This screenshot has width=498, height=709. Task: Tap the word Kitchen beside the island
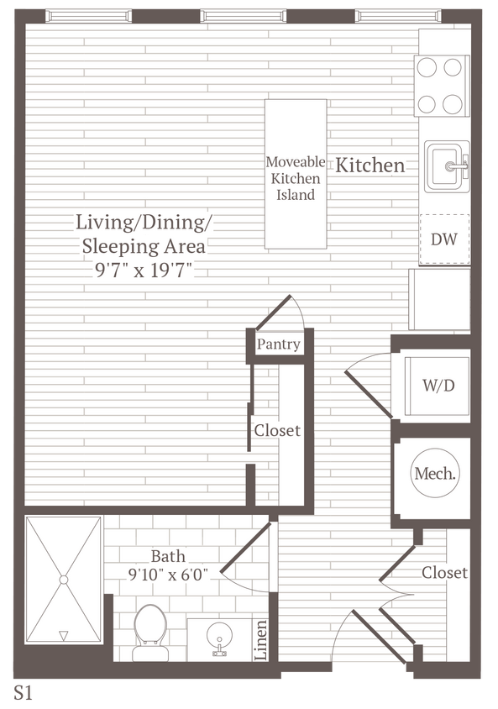tap(370, 165)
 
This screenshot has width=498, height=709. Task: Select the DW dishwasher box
tap(444, 239)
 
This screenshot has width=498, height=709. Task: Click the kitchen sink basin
tap(446, 165)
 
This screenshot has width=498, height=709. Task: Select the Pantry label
tap(278, 344)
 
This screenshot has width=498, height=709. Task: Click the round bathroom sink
tap(221, 639)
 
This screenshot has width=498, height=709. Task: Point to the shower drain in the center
tap(63, 580)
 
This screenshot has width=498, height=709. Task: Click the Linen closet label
tap(261, 640)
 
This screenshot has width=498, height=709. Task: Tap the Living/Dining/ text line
tap(144, 223)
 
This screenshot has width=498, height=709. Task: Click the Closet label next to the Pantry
tap(277, 430)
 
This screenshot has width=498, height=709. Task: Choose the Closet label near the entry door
tap(444, 573)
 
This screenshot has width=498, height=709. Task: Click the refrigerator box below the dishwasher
tap(439, 300)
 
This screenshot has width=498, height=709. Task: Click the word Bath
tap(168, 556)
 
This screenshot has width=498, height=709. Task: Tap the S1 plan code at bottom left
tap(23, 692)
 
